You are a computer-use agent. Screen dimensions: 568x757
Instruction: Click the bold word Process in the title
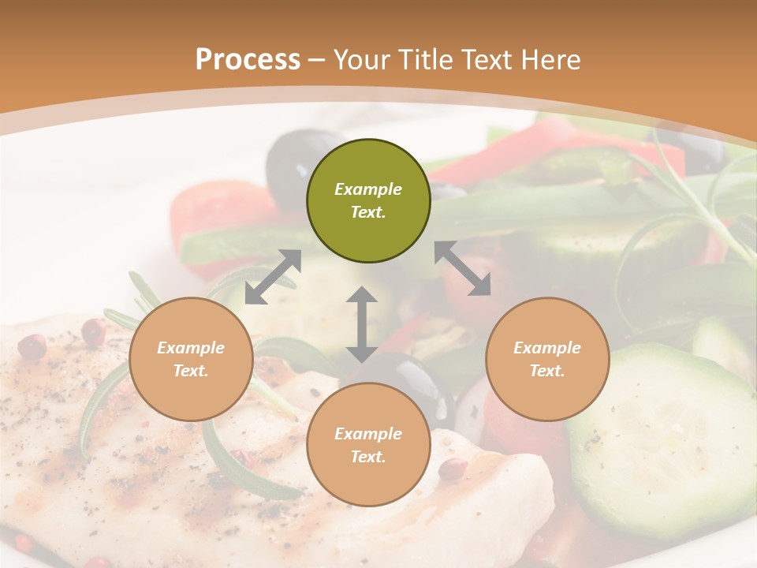(x=248, y=60)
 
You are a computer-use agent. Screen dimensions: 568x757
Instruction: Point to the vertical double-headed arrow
(x=362, y=325)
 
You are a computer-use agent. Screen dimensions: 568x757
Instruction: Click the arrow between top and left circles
(x=273, y=277)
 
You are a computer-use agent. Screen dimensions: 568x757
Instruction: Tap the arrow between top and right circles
(x=462, y=268)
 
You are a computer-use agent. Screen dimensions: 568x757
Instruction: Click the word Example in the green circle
(x=368, y=189)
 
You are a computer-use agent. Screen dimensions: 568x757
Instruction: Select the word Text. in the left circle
(x=191, y=371)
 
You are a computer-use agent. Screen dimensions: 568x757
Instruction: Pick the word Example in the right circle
(x=547, y=348)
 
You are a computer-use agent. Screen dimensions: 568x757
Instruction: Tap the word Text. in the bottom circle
(x=368, y=457)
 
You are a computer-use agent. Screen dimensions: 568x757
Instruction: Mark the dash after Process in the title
(x=317, y=61)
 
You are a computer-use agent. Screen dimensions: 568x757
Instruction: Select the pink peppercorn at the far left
(x=32, y=346)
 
